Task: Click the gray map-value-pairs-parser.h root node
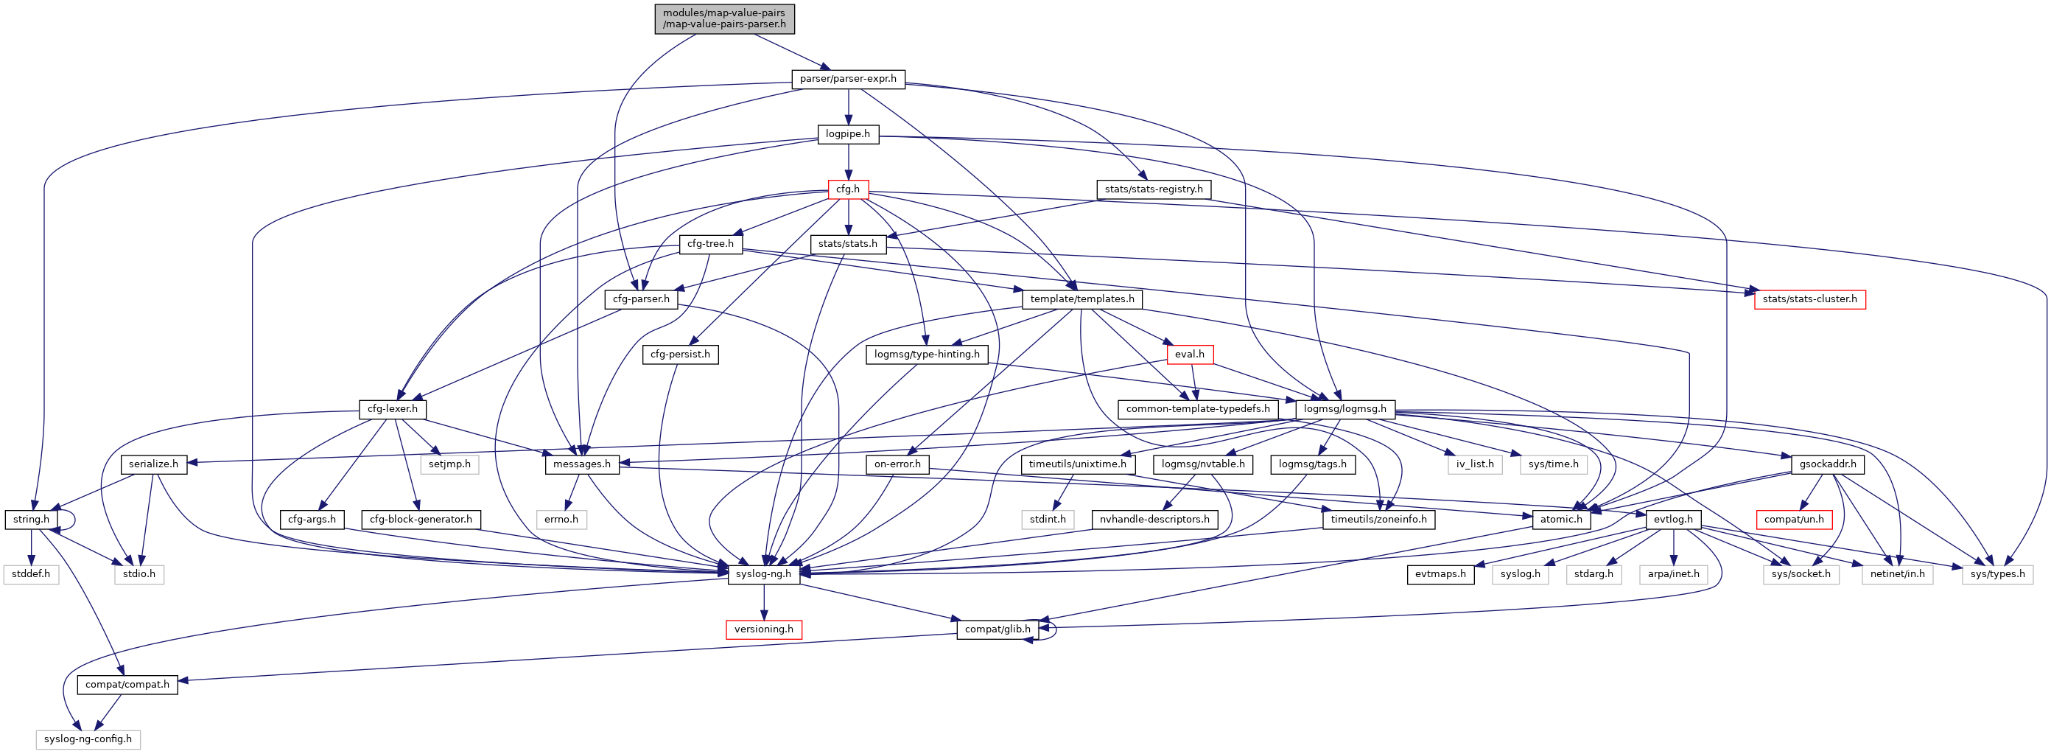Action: (x=723, y=18)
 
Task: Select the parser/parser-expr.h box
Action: (x=848, y=79)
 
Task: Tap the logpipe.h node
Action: (x=848, y=133)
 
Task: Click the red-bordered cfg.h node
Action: (x=848, y=189)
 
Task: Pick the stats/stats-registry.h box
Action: (x=1154, y=189)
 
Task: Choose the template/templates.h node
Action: (x=1082, y=299)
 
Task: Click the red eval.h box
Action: (x=1190, y=355)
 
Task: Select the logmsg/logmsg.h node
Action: (x=1344, y=409)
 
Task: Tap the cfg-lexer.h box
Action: (x=393, y=409)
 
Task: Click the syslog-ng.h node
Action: (x=763, y=574)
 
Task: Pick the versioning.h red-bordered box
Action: (x=763, y=629)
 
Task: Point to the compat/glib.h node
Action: (x=998, y=629)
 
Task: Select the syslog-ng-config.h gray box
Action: (x=88, y=739)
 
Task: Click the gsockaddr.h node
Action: (x=1827, y=464)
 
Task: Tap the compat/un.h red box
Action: (x=1794, y=519)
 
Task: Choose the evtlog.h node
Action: (x=1673, y=519)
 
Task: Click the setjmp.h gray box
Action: (x=450, y=464)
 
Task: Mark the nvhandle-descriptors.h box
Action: (x=1154, y=519)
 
